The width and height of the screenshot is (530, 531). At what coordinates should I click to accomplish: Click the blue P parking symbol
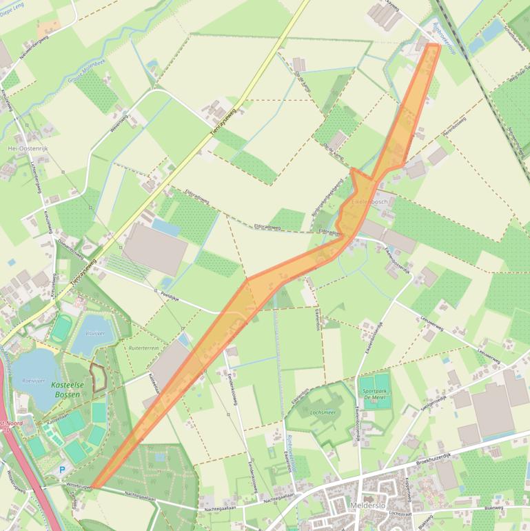pos(62,470)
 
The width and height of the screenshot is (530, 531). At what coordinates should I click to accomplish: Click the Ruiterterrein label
pos(143,348)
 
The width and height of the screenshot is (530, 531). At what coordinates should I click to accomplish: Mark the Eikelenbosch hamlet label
pos(370,202)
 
